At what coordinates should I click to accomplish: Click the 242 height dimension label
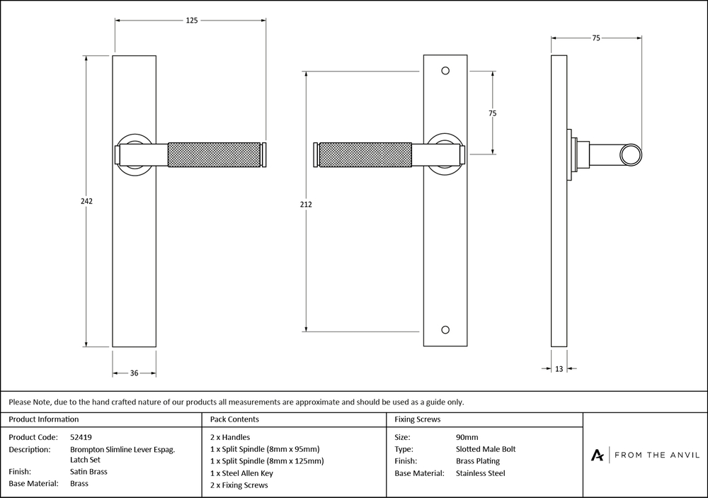pos(86,201)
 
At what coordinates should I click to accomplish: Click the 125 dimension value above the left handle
pos(192,21)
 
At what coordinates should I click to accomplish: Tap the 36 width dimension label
pos(134,373)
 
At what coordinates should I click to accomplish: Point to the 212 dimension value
pos(306,204)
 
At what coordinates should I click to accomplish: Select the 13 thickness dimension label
pos(559,369)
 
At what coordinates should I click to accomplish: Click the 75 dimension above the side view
pos(596,38)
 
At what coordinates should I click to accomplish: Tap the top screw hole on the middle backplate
pos(445,71)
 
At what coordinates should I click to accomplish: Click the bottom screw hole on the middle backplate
pos(445,330)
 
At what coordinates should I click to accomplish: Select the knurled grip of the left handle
pos(215,155)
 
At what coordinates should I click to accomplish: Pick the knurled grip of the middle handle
pos(365,155)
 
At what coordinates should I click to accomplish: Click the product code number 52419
pos(81,437)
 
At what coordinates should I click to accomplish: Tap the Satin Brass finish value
pos(88,471)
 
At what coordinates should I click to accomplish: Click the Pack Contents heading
pos(234,419)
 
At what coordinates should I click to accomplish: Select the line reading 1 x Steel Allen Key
pos(241,473)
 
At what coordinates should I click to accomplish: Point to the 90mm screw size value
pos(467,437)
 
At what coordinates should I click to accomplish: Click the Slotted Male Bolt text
pos(486,449)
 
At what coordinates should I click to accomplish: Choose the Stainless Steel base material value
pos(481,473)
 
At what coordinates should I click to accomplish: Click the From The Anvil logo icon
pos(597,455)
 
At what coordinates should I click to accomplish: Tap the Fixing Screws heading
pos(417,419)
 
